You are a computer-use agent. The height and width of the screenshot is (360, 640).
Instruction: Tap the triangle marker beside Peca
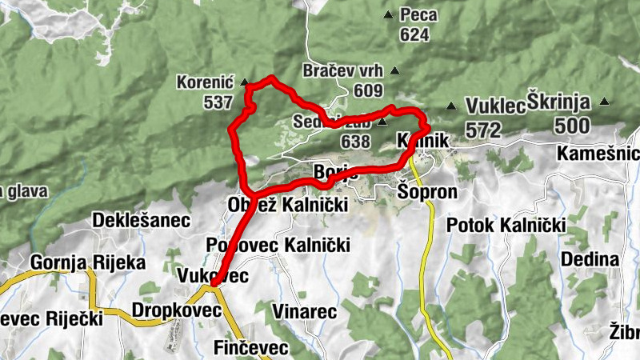coord(388,14)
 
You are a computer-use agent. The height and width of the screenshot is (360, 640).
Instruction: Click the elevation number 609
coord(372,90)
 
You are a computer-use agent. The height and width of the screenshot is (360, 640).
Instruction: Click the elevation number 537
coord(218,102)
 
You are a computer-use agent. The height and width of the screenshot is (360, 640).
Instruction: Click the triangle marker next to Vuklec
coord(452,106)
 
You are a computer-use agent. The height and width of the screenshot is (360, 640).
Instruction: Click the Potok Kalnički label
coord(506,225)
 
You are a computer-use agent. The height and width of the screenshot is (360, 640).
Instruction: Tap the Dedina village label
coord(590,259)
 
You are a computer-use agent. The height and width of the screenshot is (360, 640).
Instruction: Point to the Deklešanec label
coord(141,220)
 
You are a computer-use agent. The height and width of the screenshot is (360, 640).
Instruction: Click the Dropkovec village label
coord(176,310)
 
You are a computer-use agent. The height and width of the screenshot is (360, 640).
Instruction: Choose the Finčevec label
coord(251,347)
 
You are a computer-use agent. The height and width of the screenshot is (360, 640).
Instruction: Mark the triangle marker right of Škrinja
coord(605,101)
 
